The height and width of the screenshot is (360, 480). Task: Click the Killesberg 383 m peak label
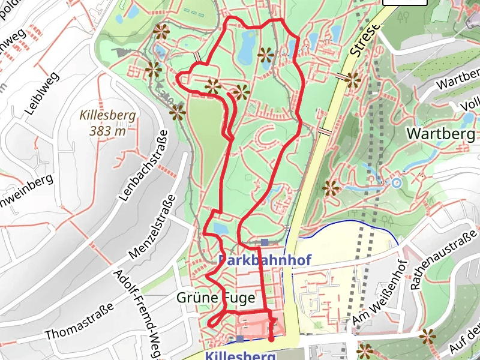(108, 122)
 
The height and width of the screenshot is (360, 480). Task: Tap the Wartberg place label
(441, 133)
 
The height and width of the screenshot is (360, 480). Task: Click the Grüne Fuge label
(215, 297)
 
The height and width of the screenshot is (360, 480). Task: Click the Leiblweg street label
(42, 93)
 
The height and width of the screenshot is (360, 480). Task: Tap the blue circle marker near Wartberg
(396, 182)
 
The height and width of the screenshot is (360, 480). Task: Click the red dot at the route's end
(271, 339)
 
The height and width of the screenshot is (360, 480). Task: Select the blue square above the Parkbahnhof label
(265, 242)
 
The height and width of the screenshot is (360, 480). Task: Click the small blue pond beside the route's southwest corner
(220, 229)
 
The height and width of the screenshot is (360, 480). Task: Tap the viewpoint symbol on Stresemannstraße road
(353, 79)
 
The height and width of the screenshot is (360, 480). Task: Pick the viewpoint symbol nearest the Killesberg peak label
(178, 112)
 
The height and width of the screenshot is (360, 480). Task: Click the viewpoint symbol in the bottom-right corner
(427, 337)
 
